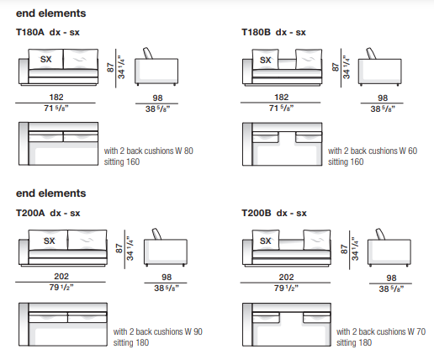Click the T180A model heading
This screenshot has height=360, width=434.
(30, 32)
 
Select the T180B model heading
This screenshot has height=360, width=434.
(256, 32)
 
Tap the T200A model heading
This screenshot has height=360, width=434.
(30, 213)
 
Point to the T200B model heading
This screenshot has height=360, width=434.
(257, 213)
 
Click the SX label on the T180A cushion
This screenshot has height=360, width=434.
(46, 60)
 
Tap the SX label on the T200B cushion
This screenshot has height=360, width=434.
(266, 241)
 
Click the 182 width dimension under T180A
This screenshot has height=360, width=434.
(56, 98)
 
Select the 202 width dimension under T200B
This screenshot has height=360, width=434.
(286, 278)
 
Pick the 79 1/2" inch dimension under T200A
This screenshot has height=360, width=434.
(61, 288)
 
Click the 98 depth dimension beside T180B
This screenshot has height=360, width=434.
(383, 98)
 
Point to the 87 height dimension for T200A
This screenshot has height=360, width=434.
(119, 248)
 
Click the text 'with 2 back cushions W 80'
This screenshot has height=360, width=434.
(149, 151)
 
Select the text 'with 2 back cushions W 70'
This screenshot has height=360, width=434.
(381, 331)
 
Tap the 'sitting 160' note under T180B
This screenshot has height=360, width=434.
(346, 161)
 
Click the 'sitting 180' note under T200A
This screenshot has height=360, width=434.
(131, 342)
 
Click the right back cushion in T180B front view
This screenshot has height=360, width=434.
(309, 59)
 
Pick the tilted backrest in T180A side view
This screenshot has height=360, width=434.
(148, 53)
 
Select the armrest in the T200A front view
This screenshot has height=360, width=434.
(24, 252)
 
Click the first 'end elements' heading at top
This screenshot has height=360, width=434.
(50, 13)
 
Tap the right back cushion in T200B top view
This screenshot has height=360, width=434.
(317, 318)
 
